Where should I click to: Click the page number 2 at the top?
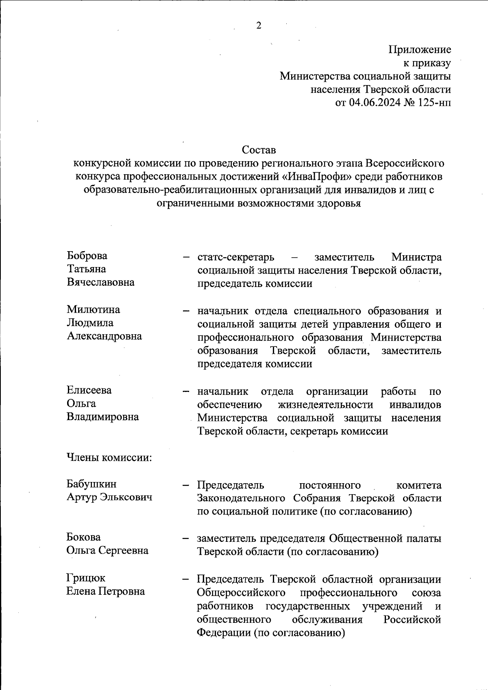tap(259, 26)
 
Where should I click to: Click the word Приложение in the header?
tap(420, 50)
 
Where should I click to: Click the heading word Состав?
tap(259, 150)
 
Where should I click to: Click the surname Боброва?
tap(87, 256)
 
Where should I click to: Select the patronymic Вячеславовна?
tap(100, 282)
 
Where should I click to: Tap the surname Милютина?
tap(94, 309)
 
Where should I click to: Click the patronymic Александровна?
tap(105, 336)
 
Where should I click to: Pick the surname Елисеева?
tap(89, 390)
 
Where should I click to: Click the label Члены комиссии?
tap(109, 457)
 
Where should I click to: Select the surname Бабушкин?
tap(91, 484)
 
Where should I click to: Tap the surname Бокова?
tap(83, 537)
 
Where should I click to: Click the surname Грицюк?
tap(86, 578)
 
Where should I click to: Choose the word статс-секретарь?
tap(236, 257)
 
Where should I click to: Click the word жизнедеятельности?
tap(325, 405)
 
